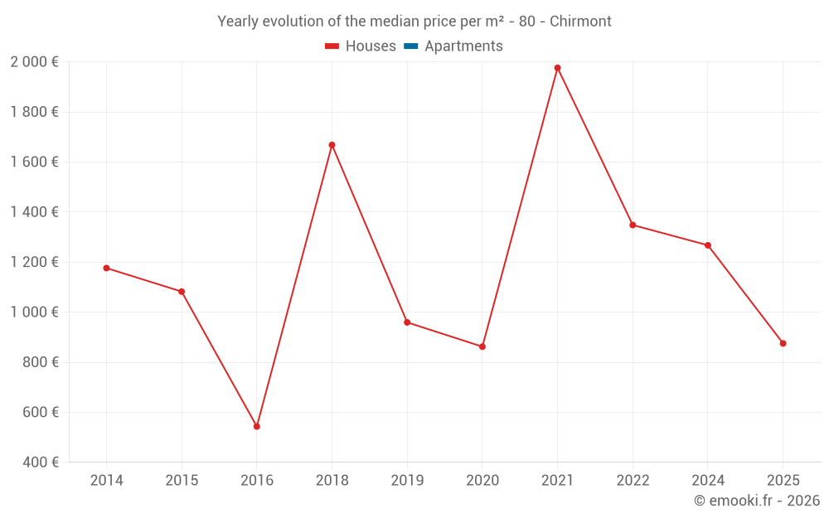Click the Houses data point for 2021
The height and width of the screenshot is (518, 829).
point(557,68)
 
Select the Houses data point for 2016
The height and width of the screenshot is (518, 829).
point(257,427)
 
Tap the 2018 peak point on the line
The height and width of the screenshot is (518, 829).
point(332,145)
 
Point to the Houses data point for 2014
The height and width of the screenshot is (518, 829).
point(106,268)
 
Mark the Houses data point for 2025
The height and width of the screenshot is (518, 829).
point(783,343)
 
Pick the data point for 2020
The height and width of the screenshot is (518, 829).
point(482,346)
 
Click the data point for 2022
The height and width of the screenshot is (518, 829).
point(633,225)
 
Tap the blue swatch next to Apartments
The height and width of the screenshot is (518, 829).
point(410,46)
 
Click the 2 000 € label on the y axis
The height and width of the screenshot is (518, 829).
point(34,62)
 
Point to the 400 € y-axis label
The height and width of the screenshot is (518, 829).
point(39,462)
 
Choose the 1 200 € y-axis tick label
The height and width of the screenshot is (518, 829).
point(34,262)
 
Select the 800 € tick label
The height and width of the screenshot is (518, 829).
point(39,362)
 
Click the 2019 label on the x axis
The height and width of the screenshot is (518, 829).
point(407,481)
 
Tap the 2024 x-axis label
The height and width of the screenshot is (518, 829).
point(707,481)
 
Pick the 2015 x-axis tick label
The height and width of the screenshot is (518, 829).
point(182,481)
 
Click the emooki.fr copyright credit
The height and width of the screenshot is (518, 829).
point(757,501)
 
